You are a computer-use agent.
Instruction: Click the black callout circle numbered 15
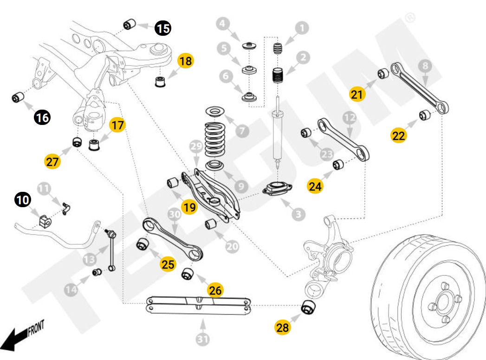162,28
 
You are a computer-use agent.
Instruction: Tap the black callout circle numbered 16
42,118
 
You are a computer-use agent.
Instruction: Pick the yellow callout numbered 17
117,125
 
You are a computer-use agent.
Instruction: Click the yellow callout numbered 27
52,161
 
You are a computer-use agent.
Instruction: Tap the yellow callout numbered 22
398,136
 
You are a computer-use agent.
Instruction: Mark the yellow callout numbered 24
315,186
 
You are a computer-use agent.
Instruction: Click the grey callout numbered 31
202,340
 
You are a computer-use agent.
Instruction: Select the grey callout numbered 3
298,214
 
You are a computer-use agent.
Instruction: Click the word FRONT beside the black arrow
36,329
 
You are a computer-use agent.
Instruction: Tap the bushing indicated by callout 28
308,307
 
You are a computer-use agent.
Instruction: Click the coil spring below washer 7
215,139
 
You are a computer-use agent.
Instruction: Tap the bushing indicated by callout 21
383,73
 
